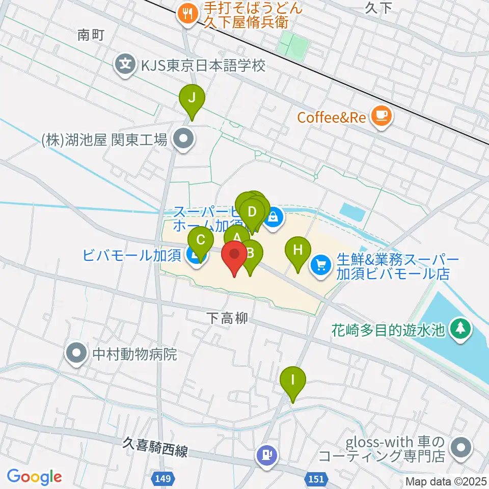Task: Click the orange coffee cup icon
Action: [381, 117]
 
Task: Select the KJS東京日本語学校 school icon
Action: [124, 65]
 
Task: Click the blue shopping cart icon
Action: [321, 265]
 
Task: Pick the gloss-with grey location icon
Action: [461, 448]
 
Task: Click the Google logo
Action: [35, 476]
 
